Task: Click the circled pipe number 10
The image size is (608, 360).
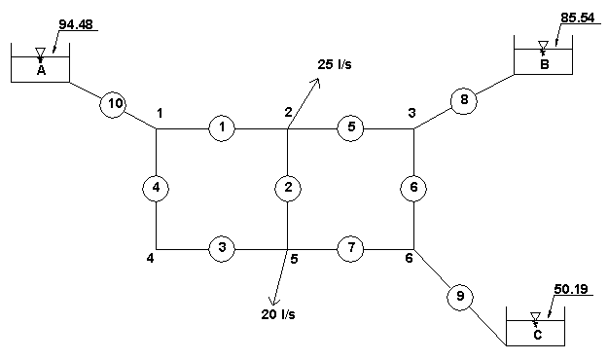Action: click(113, 105)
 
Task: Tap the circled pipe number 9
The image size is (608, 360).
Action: click(460, 297)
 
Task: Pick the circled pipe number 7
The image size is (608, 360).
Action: click(350, 248)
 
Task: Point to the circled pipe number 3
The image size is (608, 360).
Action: click(222, 248)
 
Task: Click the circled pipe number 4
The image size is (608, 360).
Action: click(156, 188)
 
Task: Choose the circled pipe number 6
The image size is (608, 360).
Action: click(413, 188)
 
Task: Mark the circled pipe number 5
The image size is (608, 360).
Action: click(350, 128)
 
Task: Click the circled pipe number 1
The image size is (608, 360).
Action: click(222, 128)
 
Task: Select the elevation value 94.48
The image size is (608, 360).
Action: click(76, 24)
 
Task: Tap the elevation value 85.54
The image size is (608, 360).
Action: click(578, 18)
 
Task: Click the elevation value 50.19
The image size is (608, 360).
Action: click(571, 289)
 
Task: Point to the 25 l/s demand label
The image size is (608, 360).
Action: click(335, 64)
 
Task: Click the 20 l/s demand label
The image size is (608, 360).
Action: click(278, 314)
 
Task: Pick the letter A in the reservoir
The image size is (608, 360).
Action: click(41, 71)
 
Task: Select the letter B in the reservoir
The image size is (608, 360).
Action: click(545, 64)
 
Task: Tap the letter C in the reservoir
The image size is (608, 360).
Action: click(537, 335)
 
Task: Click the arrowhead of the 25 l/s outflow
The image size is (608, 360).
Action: click(319, 79)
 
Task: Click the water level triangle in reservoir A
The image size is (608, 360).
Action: click(40, 53)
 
